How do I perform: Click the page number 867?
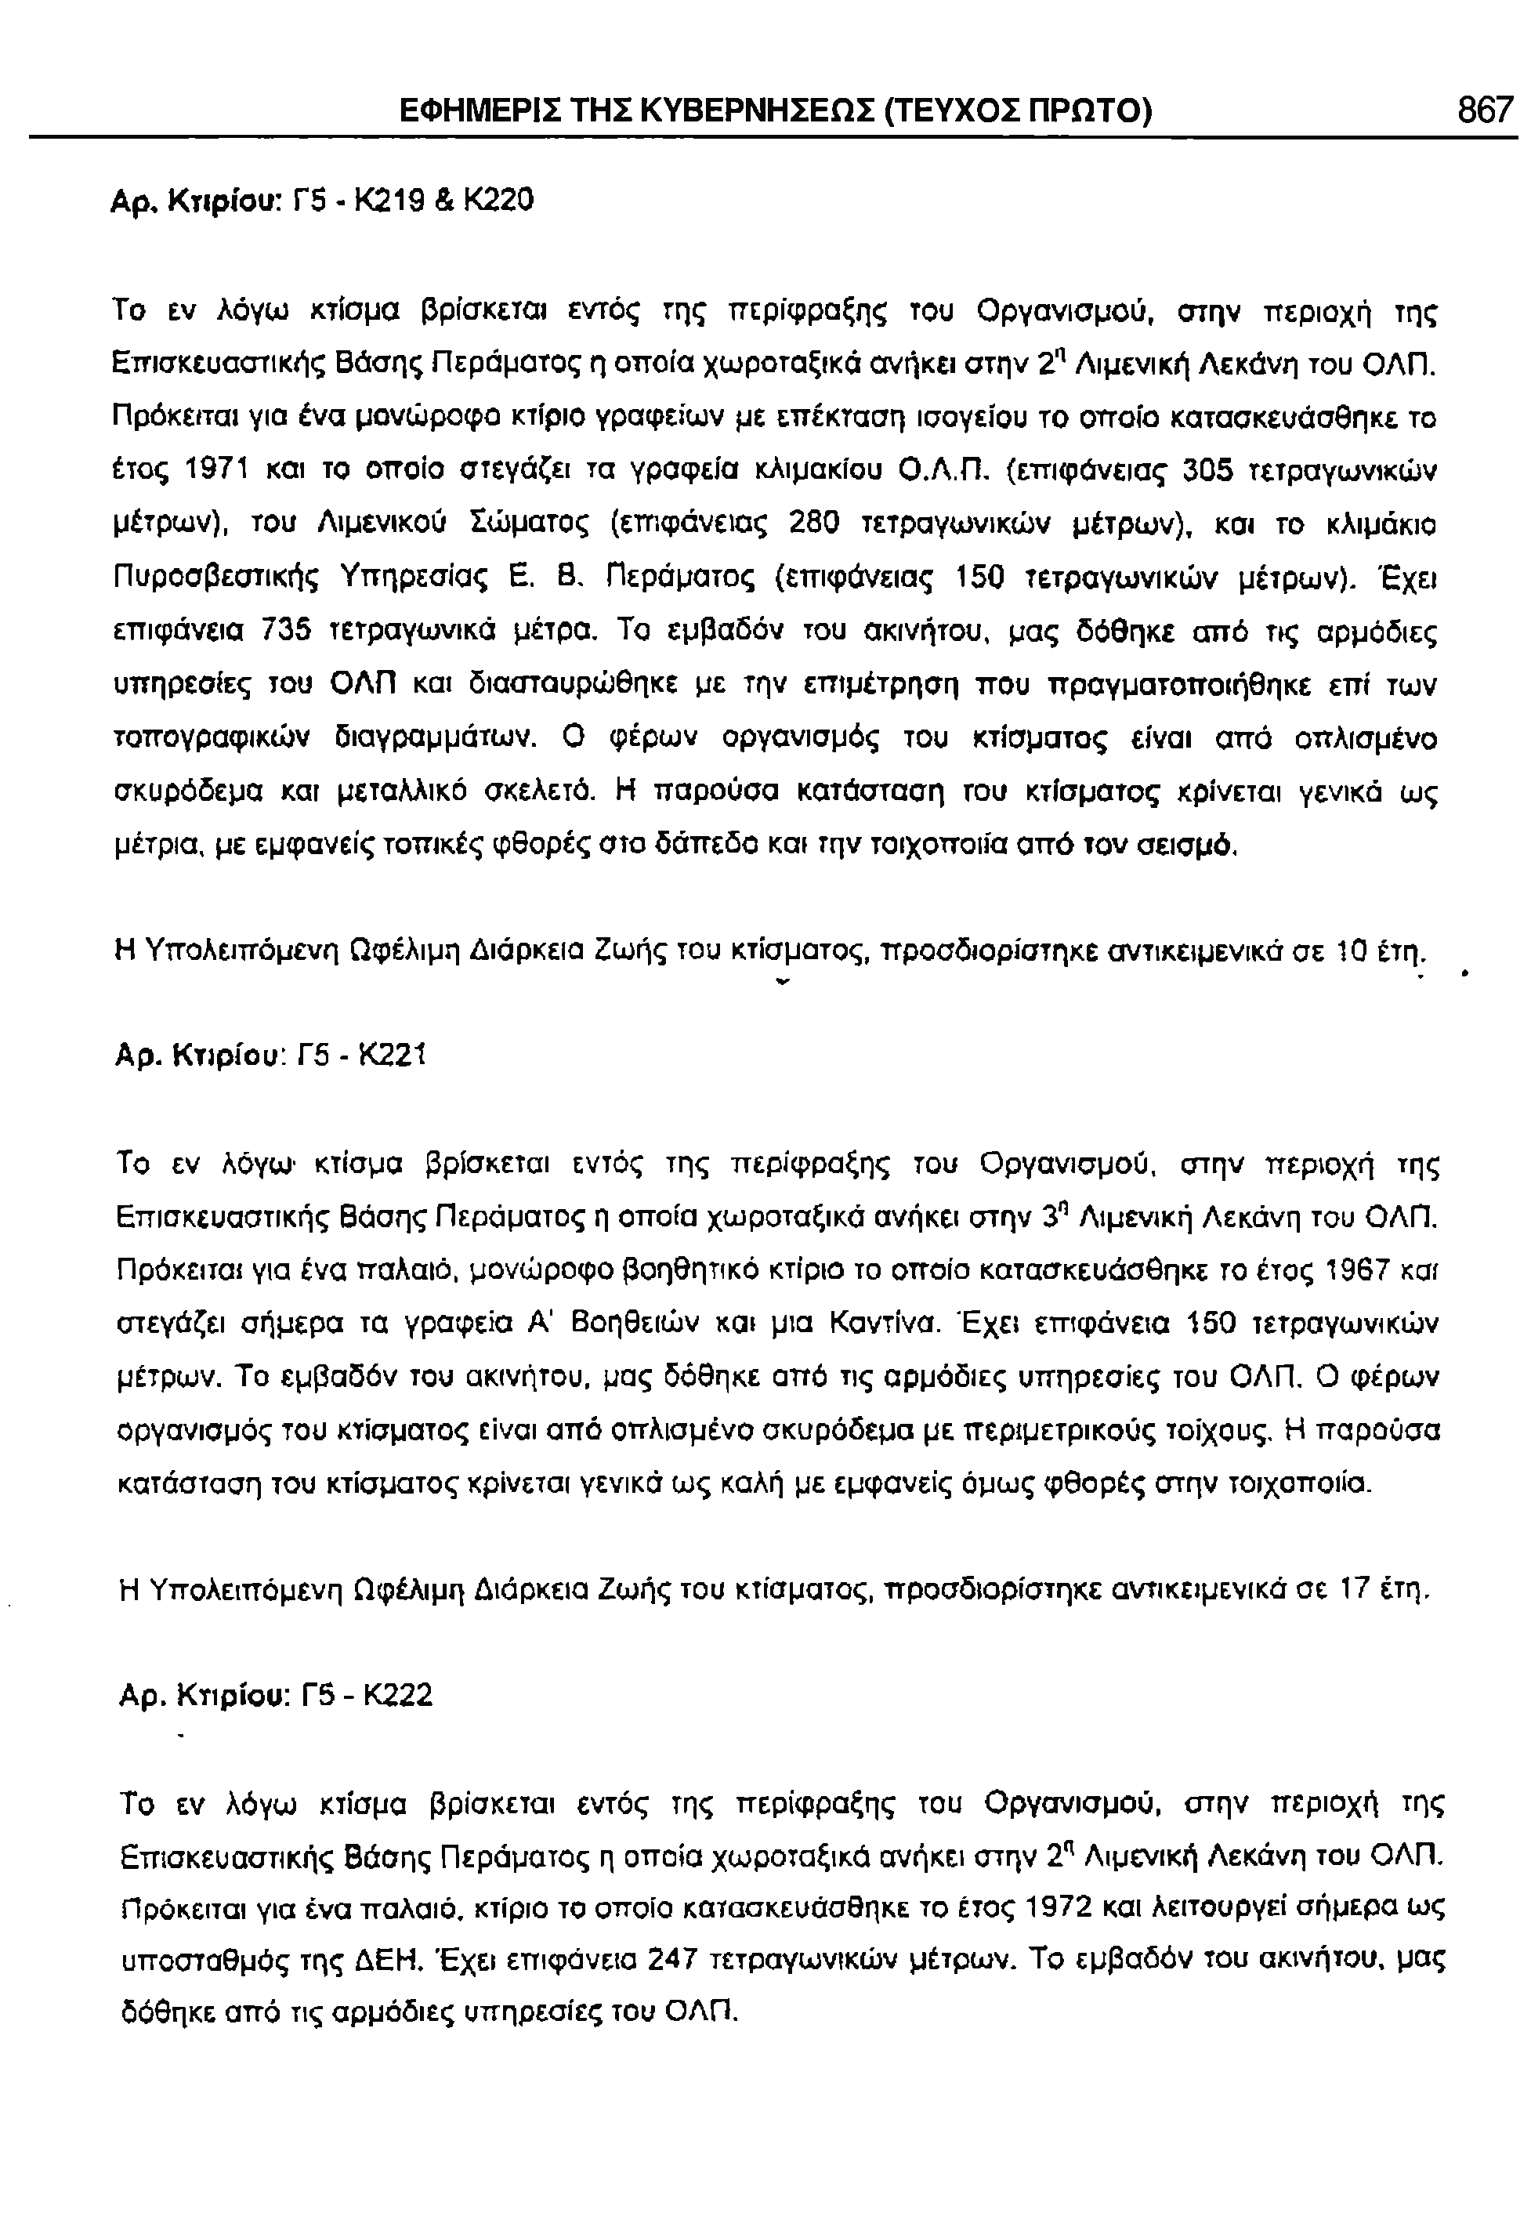(1484, 110)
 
